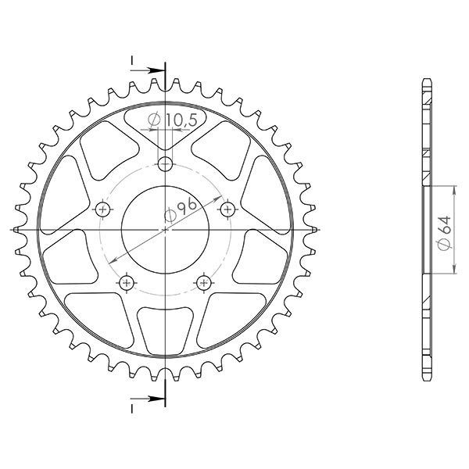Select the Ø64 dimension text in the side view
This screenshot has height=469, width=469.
[x=444, y=231]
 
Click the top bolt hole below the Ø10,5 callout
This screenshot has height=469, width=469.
[x=165, y=163]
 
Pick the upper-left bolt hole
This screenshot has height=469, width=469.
[x=104, y=209]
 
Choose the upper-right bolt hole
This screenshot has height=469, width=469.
[x=227, y=209]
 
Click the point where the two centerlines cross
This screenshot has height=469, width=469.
[x=166, y=230]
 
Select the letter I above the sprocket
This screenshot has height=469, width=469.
[x=132, y=61]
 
